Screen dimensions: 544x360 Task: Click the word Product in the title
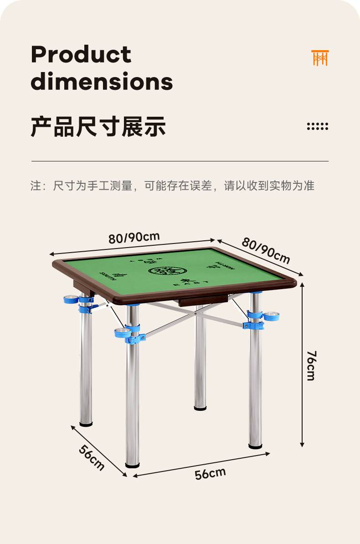(81, 55)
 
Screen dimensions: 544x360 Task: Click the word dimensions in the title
(102, 82)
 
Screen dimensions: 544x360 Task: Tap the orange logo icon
(320, 58)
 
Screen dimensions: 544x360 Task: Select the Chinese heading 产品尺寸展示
(98, 126)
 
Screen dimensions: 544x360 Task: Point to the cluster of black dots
(317, 126)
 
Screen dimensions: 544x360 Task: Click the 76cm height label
(311, 365)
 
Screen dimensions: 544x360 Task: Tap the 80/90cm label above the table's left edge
(134, 238)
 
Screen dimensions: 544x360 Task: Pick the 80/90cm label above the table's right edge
(266, 251)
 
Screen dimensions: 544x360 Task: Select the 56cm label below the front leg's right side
(210, 473)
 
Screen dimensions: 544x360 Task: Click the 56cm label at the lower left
(92, 457)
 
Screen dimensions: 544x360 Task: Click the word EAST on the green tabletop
(186, 283)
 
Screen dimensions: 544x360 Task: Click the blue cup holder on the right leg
(271, 316)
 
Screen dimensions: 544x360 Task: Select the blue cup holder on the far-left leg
(71, 300)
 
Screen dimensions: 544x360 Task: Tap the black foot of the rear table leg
(200, 408)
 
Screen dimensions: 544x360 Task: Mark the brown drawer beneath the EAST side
(203, 300)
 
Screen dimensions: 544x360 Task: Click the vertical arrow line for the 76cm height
(302, 365)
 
